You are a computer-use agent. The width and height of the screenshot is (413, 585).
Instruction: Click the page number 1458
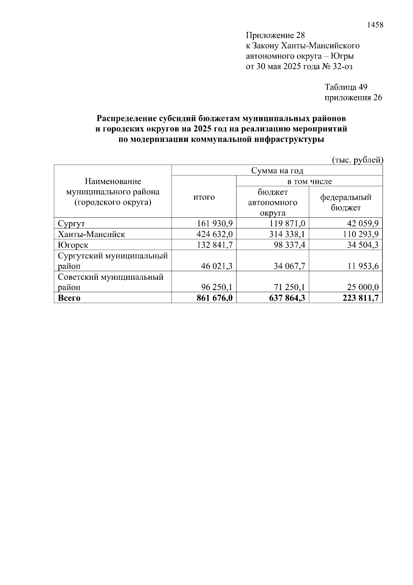click(x=375, y=25)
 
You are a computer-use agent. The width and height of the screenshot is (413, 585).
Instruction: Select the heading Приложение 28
click(x=275, y=35)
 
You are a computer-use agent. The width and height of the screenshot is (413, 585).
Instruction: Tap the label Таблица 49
click(x=346, y=87)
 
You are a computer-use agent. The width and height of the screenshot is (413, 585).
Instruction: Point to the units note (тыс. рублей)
click(x=357, y=160)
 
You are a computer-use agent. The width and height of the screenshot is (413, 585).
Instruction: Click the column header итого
click(x=204, y=197)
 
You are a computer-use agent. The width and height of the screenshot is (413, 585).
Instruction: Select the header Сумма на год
click(x=277, y=171)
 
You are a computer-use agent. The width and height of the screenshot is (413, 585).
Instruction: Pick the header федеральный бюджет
click(x=346, y=202)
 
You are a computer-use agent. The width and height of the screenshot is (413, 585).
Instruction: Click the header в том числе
click(x=309, y=181)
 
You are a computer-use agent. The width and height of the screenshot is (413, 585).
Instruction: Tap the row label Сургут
click(x=72, y=224)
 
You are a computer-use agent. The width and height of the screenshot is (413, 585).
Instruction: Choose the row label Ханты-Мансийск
click(x=92, y=234)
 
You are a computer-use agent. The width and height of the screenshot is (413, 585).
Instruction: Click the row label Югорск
click(x=73, y=245)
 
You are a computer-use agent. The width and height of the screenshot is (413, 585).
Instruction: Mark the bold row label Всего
click(x=69, y=298)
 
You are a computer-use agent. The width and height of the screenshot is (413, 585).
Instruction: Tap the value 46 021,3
click(x=217, y=266)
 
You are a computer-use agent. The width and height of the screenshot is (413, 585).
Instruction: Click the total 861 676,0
click(x=214, y=298)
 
